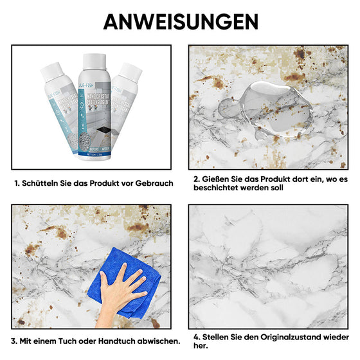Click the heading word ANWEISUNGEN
pos(180,21)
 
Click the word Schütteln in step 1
pos(44,183)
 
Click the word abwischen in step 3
pos(158,340)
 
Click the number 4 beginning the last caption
pos(195,337)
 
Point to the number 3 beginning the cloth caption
pos(14,340)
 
